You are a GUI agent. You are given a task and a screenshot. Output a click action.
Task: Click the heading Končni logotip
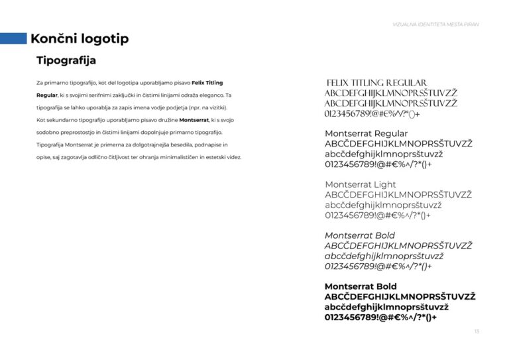point(80,38)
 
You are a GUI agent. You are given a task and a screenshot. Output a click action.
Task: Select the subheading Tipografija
point(66,61)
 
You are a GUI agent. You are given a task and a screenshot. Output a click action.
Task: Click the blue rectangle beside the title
point(13,38)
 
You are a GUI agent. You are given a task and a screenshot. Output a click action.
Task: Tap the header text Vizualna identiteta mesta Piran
point(435,25)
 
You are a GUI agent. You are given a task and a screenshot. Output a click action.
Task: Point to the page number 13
point(477,331)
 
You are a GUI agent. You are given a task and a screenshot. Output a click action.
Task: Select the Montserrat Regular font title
point(367,133)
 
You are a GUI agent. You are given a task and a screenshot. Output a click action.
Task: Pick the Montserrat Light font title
point(361,184)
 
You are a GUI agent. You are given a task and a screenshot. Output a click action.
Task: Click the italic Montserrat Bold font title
point(360,235)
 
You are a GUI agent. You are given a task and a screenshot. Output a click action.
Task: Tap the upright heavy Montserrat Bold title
point(361,286)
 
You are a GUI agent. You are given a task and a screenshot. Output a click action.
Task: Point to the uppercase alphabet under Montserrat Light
point(398,195)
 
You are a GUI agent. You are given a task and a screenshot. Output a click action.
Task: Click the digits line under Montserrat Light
point(378,215)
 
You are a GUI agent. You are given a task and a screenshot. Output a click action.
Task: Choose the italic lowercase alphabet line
point(384,256)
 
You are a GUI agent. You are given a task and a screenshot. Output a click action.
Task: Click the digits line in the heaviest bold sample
point(380,317)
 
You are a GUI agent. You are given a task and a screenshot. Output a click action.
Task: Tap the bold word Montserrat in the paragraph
point(194,120)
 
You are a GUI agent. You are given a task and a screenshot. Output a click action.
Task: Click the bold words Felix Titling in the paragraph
point(207,83)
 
